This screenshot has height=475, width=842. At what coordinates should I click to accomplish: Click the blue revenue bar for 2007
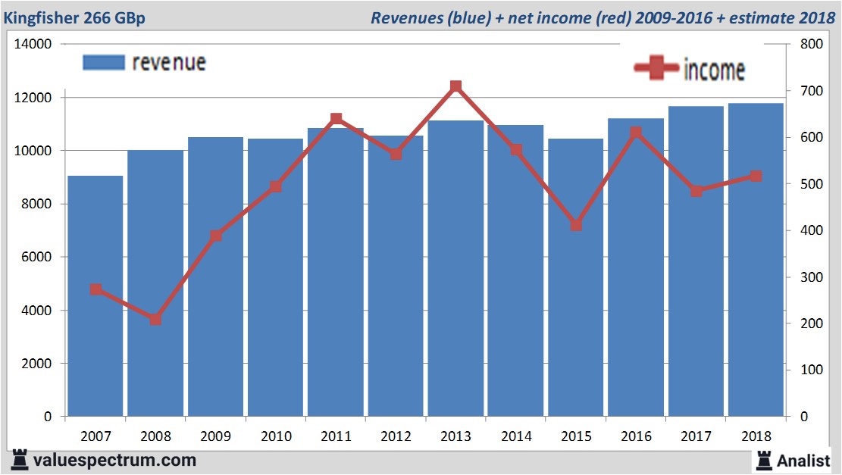pos(95,295)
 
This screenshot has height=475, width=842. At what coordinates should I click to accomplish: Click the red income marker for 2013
pos(455,86)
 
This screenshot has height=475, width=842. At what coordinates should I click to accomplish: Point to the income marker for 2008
pos(155,319)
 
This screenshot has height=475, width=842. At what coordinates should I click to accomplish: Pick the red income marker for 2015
pos(576,225)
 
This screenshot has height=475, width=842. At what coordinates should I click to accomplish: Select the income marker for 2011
pos(336,119)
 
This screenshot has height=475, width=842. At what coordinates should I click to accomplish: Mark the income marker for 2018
pos(756,176)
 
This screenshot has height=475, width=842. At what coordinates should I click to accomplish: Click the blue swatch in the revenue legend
pos(103,62)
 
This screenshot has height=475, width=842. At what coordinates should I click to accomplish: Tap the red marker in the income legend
pos(656,69)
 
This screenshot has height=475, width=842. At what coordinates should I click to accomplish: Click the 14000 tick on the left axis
pos(33,44)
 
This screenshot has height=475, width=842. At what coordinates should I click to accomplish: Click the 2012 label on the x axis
pos(396,436)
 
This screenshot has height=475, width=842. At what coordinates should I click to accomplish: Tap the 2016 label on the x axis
pos(636,436)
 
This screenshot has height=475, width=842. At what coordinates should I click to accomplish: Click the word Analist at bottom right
pos(803,460)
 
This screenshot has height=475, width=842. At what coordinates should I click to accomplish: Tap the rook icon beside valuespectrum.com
pos(19,459)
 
